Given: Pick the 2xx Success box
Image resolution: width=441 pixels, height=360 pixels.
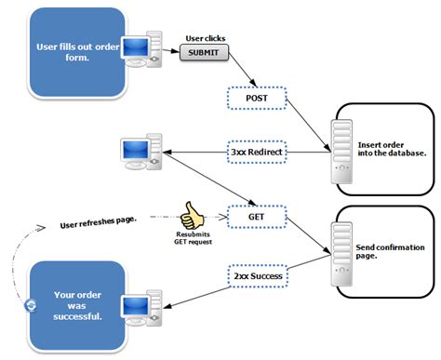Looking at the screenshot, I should [x=257, y=275].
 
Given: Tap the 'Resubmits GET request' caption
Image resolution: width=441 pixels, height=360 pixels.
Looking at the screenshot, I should [x=194, y=241].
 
